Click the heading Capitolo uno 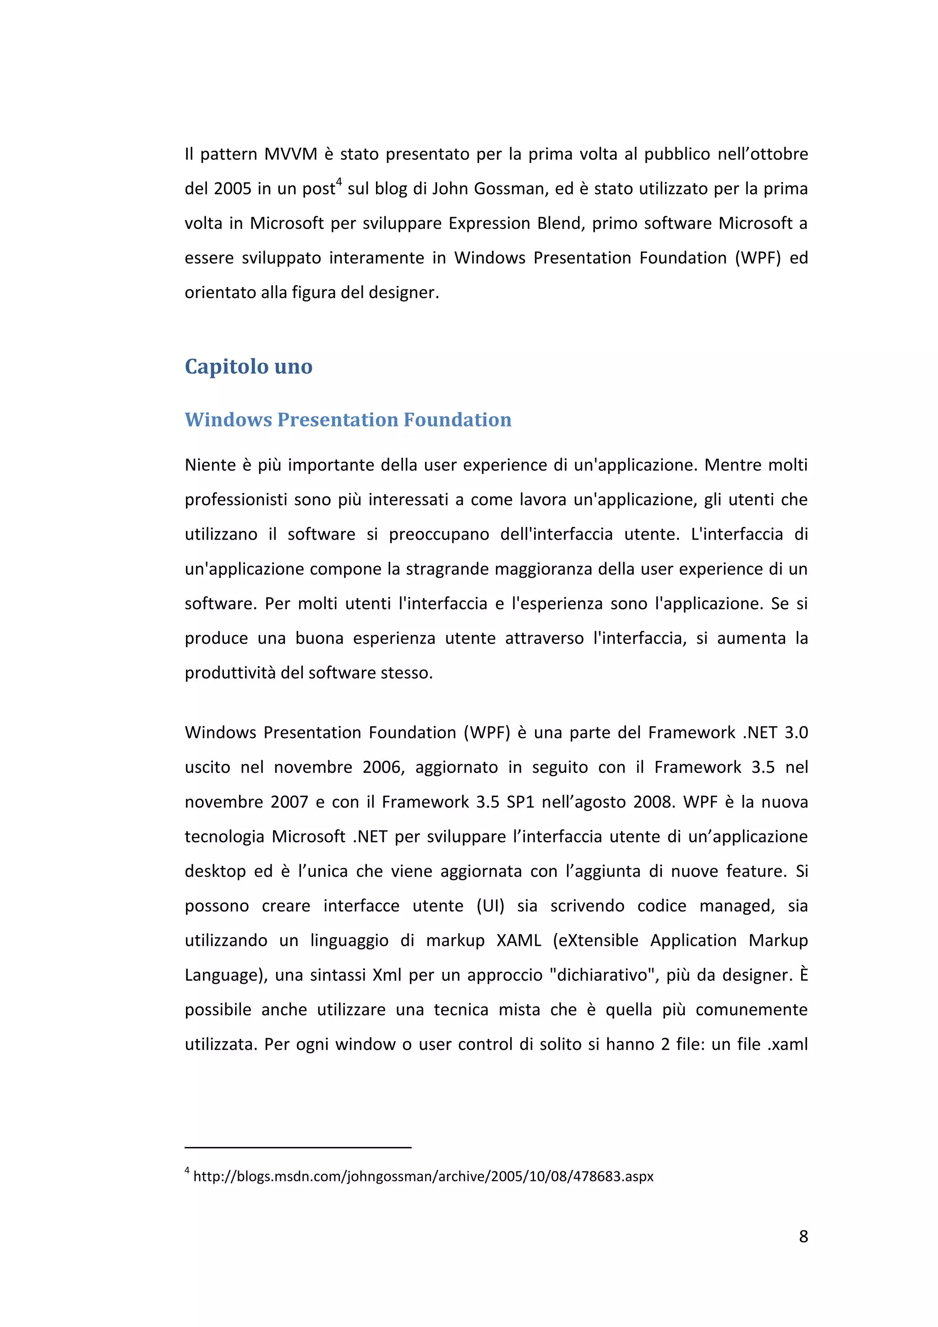249,366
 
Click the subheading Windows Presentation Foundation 348,420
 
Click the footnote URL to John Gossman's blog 423,1176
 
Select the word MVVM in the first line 291,154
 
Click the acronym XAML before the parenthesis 518,940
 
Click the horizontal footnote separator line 298,1147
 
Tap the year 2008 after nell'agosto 654,802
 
